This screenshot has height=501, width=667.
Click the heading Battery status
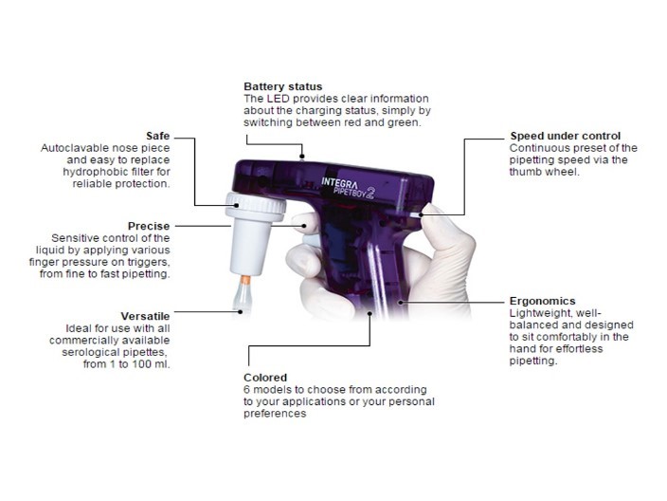point(282,87)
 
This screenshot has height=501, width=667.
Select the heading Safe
point(158,137)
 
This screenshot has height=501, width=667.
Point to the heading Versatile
point(145,315)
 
